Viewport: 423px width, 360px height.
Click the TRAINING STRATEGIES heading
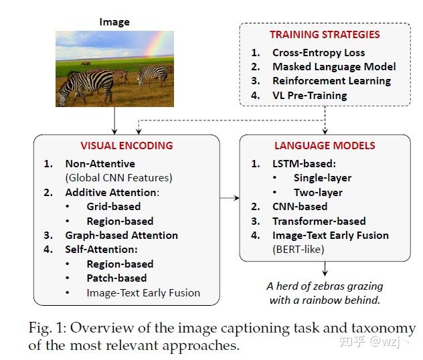pyautogui.click(x=325, y=35)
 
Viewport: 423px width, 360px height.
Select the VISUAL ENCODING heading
pyautogui.click(x=126, y=145)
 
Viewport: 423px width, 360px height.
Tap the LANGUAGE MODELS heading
pyautogui.click(x=325, y=145)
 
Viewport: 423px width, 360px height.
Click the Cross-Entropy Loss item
pyautogui.click(x=318, y=52)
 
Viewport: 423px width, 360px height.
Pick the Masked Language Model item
pyautogui.click(x=334, y=67)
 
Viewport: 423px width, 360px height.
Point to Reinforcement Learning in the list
pyautogui.click(x=331, y=81)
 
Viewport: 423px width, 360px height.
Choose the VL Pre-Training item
pyautogui.click(x=309, y=95)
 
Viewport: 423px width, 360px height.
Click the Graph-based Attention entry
pyautogui.click(x=121, y=235)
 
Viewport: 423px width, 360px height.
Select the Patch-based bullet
pyautogui.click(x=116, y=278)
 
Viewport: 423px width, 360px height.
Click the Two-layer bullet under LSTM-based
pyautogui.click(x=318, y=192)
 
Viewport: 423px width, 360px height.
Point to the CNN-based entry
pyautogui.click(x=300, y=206)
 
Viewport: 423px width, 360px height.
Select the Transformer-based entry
pyautogui.click(x=319, y=221)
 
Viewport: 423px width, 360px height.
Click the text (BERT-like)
pyautogui.click(x=298, y=249)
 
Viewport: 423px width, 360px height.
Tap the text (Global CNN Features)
pyautogui.click(x=118, y=177)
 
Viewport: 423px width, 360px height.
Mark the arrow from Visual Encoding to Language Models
pyautogui.click(x=229, y=198)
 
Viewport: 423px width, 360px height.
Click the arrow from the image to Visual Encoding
pyautogui.click(x=115, y=120)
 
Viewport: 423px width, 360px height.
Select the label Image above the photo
pyautogui.click(x=114, y=21)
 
